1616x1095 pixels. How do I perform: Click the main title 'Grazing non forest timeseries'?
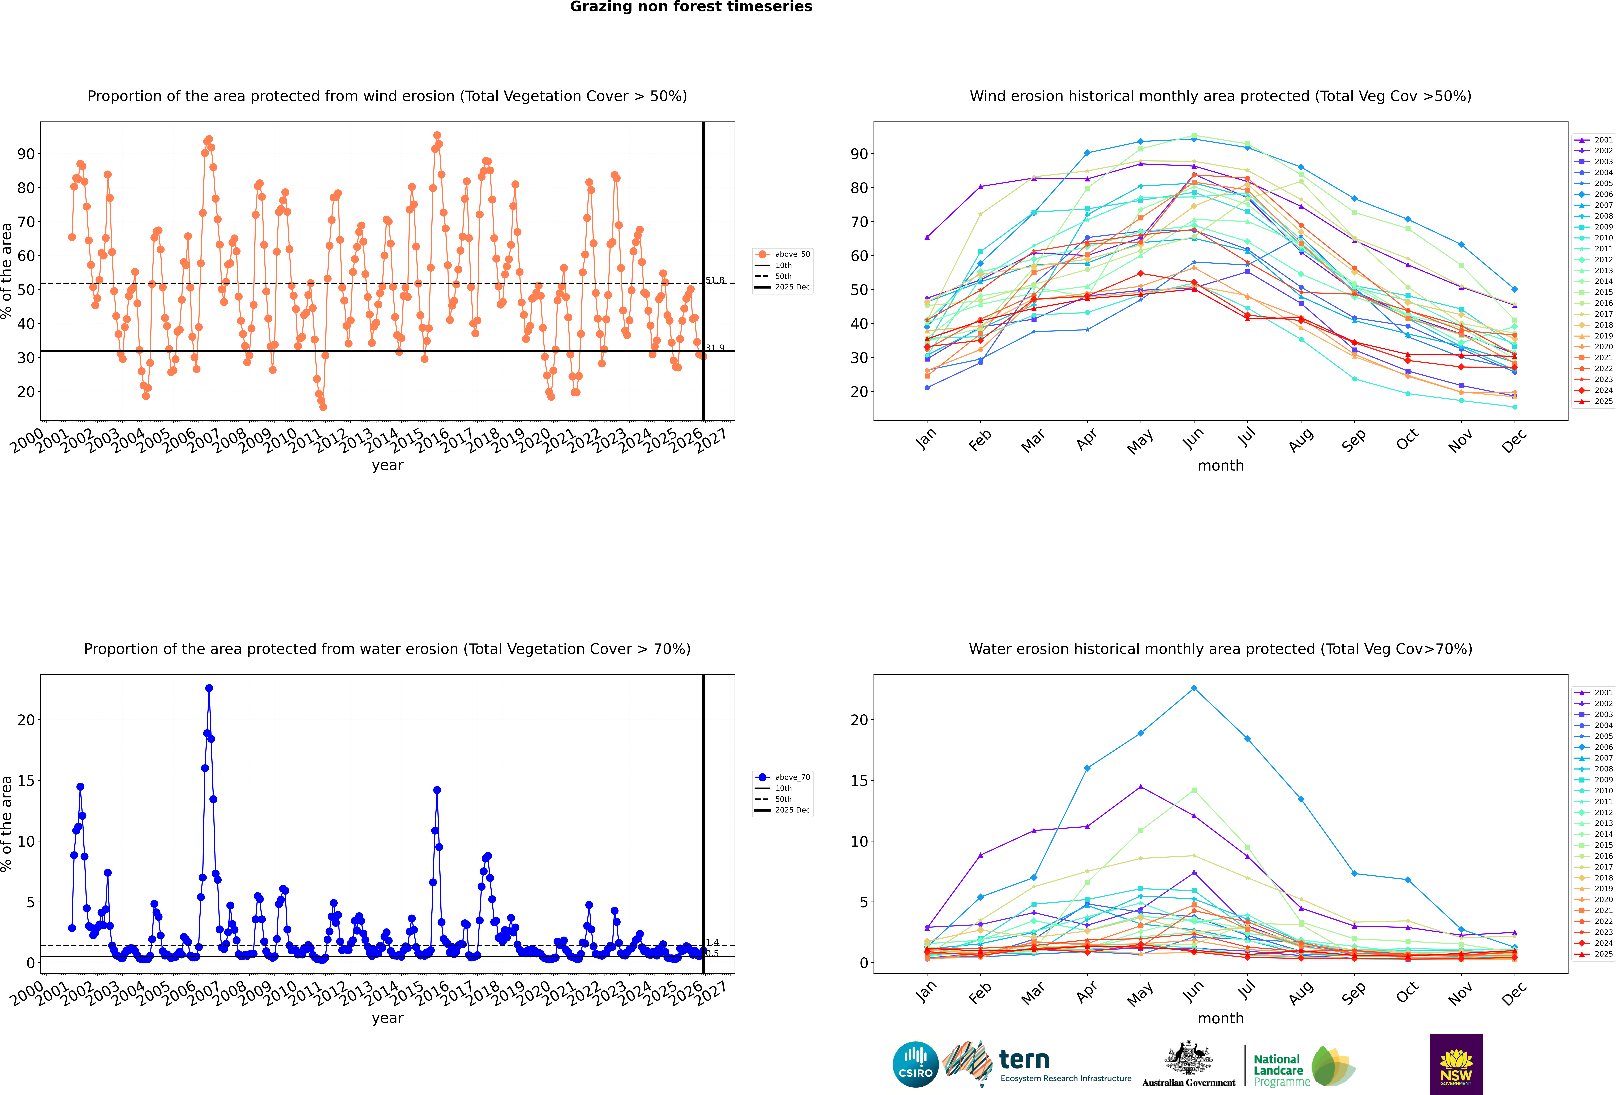[690, 7]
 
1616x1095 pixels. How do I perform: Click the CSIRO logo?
[915, 1064]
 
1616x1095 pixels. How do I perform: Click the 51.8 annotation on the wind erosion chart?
[715, 280]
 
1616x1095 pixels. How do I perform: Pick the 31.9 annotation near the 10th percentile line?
[715, 348]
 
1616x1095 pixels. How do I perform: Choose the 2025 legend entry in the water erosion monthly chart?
[1603, 954]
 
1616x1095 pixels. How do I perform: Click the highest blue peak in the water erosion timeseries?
[209, 688]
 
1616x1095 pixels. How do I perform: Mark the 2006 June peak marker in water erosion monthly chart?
[1194, 688]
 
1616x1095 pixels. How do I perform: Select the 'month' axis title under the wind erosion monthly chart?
[1220, 466]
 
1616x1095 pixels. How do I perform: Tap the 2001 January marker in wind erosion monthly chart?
[927, 237]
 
